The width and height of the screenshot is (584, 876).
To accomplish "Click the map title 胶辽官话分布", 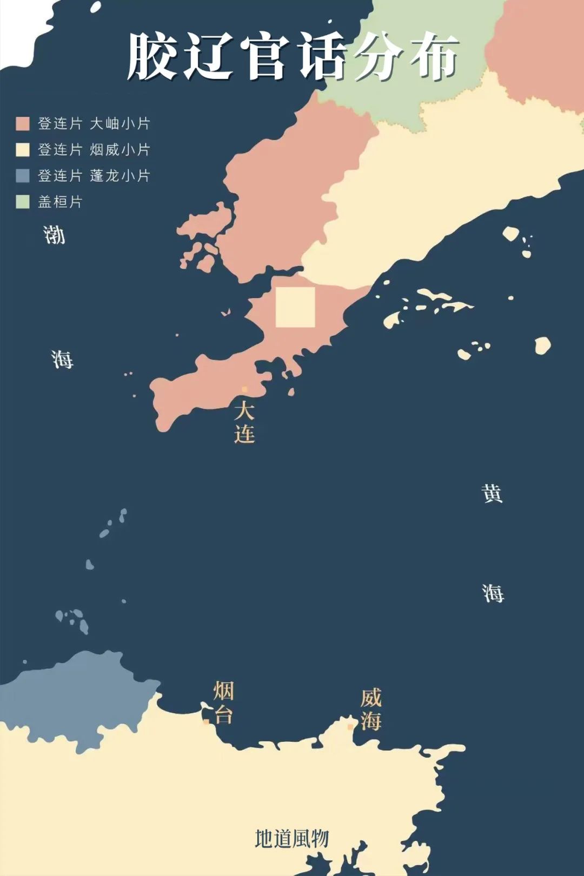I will click(x=292, y=57).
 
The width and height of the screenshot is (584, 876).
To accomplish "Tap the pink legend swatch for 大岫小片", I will click(x=23, y=124).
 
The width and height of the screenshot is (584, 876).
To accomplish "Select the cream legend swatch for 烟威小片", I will click(x=23, y=150).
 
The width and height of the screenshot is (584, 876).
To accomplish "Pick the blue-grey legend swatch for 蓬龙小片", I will click(x=23, y=176).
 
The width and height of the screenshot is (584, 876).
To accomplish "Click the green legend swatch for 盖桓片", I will click(x=23, y=202).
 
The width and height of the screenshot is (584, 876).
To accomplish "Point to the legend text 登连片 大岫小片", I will click(x=94, y=124).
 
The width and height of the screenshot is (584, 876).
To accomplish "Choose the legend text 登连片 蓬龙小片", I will click(x=94, y=176).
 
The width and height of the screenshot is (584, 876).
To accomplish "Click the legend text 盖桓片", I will click(x=60, y=202).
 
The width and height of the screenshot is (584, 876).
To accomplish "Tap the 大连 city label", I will click(x=244, y=422).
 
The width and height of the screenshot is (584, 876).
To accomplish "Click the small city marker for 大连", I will click(x=244, y=389).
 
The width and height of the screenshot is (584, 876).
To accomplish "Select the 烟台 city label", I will click(x=223, y=702).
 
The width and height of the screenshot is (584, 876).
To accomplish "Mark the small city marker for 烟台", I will click(x=206, y=721).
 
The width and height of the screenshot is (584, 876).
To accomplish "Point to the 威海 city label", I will click(x=371, y=709).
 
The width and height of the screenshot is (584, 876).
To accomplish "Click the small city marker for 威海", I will click(x=350, y=727).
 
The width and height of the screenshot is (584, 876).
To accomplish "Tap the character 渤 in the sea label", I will click(x=54, y=235).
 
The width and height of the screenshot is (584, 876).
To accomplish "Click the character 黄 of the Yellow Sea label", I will click(x=492, y=493).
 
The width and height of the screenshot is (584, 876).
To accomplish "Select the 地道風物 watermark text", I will click(x=292, y=839).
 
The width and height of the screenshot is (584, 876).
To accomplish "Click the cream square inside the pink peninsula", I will click(x=295, y=307).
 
